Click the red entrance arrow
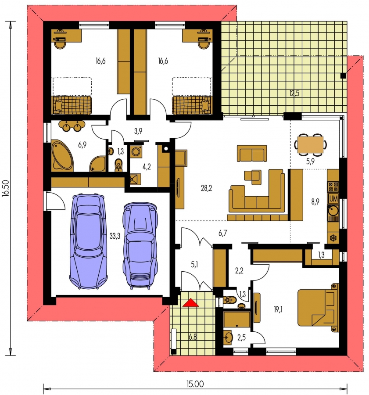click(x=191, y=302)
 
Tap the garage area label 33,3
click(x=115, y=236)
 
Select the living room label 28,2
click(x=206, y=188)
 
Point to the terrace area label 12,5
click(x=294, y=93)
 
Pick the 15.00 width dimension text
click(x=195, y=384)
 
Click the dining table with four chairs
click(x=310, y=145)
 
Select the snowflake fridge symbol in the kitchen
click(x=333, y=237)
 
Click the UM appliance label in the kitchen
click(x=333, y=198)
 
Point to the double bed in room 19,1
click(x=317, y=308)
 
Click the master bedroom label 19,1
click(x=278, y=309)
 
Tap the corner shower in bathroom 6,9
click(x=98, y=164)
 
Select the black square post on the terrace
click(x=343, y=75)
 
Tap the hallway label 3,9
click(x=138, y=131)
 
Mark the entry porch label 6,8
click(x=193, y=337)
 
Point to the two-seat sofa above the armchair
click(x=252, y=154)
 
